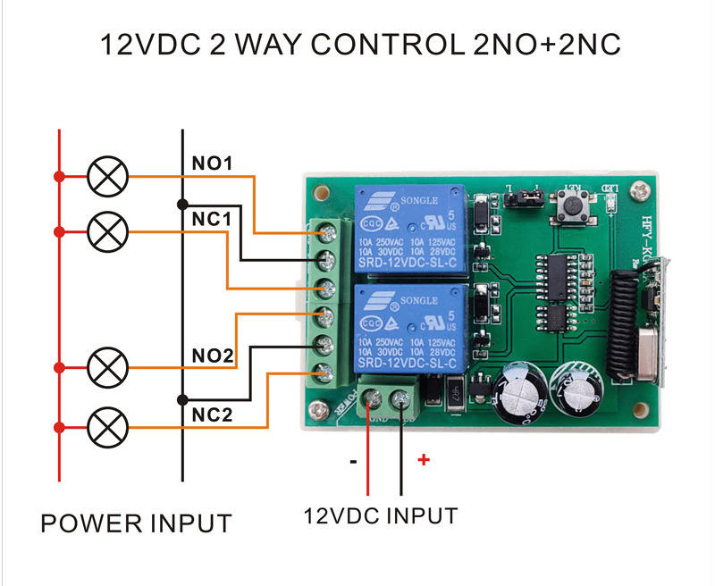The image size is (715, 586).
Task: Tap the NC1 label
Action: pos(212,219)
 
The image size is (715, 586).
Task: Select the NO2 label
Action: pos(212,356)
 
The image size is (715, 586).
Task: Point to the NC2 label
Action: pos(212,414)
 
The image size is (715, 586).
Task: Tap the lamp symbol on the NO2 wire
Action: pos(108,366)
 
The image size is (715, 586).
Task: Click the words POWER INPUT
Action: pos(136,523)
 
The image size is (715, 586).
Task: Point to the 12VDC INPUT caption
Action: pos(381,515)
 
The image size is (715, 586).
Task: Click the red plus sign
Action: pos(424,460)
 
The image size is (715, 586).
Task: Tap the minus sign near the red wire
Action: pos(354,462)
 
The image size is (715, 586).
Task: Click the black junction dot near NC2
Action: pos(182,399)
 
